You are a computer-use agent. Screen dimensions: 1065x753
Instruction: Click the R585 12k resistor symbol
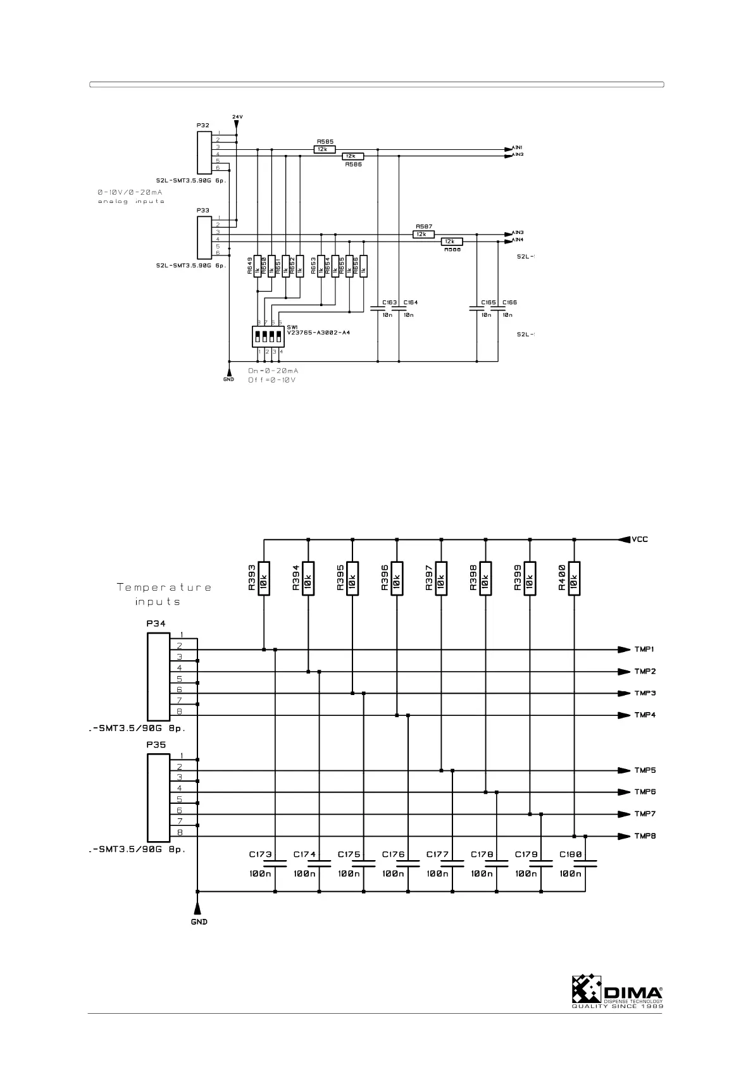[x=324, y=149]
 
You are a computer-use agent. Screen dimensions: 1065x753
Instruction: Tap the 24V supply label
[x=237, y=117]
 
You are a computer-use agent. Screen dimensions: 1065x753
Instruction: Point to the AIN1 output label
[x=517, y=147]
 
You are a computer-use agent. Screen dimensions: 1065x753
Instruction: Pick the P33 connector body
[x=204, y=237]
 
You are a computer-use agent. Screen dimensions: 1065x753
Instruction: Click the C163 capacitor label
[x=389, y=302]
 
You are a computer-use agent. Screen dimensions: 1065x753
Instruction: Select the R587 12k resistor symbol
[x=423, y=234]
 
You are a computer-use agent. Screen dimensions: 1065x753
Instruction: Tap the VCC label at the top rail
[x=640, y=539]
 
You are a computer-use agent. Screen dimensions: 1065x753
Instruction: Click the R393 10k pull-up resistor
[x=264, y=577]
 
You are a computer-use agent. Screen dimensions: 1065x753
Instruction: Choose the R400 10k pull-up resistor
[x=574, y=577]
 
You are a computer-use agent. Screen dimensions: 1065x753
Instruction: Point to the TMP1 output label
[x=645, y=649]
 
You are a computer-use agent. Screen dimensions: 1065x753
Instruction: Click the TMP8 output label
[x=645, y=836]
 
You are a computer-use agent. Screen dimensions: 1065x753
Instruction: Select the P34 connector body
[x=158, y=677]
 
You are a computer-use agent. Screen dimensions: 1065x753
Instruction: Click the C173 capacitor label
[x=261, y=854]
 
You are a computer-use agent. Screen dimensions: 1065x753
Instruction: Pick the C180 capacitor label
[x=571, y=854]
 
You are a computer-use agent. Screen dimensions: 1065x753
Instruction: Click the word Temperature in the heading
[x=164, y=588]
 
